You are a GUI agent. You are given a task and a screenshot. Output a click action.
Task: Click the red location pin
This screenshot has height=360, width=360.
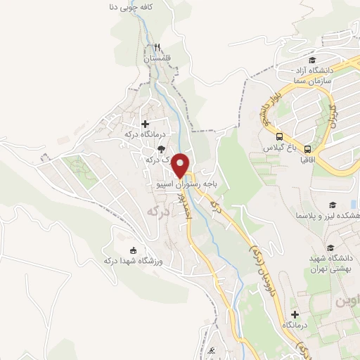point(182,165)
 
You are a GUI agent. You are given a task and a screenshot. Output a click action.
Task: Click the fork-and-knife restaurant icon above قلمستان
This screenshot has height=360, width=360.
point(158,49)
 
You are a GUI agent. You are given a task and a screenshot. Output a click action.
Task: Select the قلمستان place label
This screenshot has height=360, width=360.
point(158,59)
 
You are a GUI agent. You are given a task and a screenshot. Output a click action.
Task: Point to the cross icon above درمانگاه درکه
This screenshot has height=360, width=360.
point(145,124)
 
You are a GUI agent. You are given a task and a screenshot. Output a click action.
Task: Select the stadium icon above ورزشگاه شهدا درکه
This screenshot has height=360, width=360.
point(132,250)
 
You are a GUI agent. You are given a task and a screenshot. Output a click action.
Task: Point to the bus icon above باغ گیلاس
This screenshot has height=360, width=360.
point(280,137)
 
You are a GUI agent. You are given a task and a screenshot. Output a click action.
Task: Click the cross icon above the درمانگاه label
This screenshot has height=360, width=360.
point(295,314)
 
